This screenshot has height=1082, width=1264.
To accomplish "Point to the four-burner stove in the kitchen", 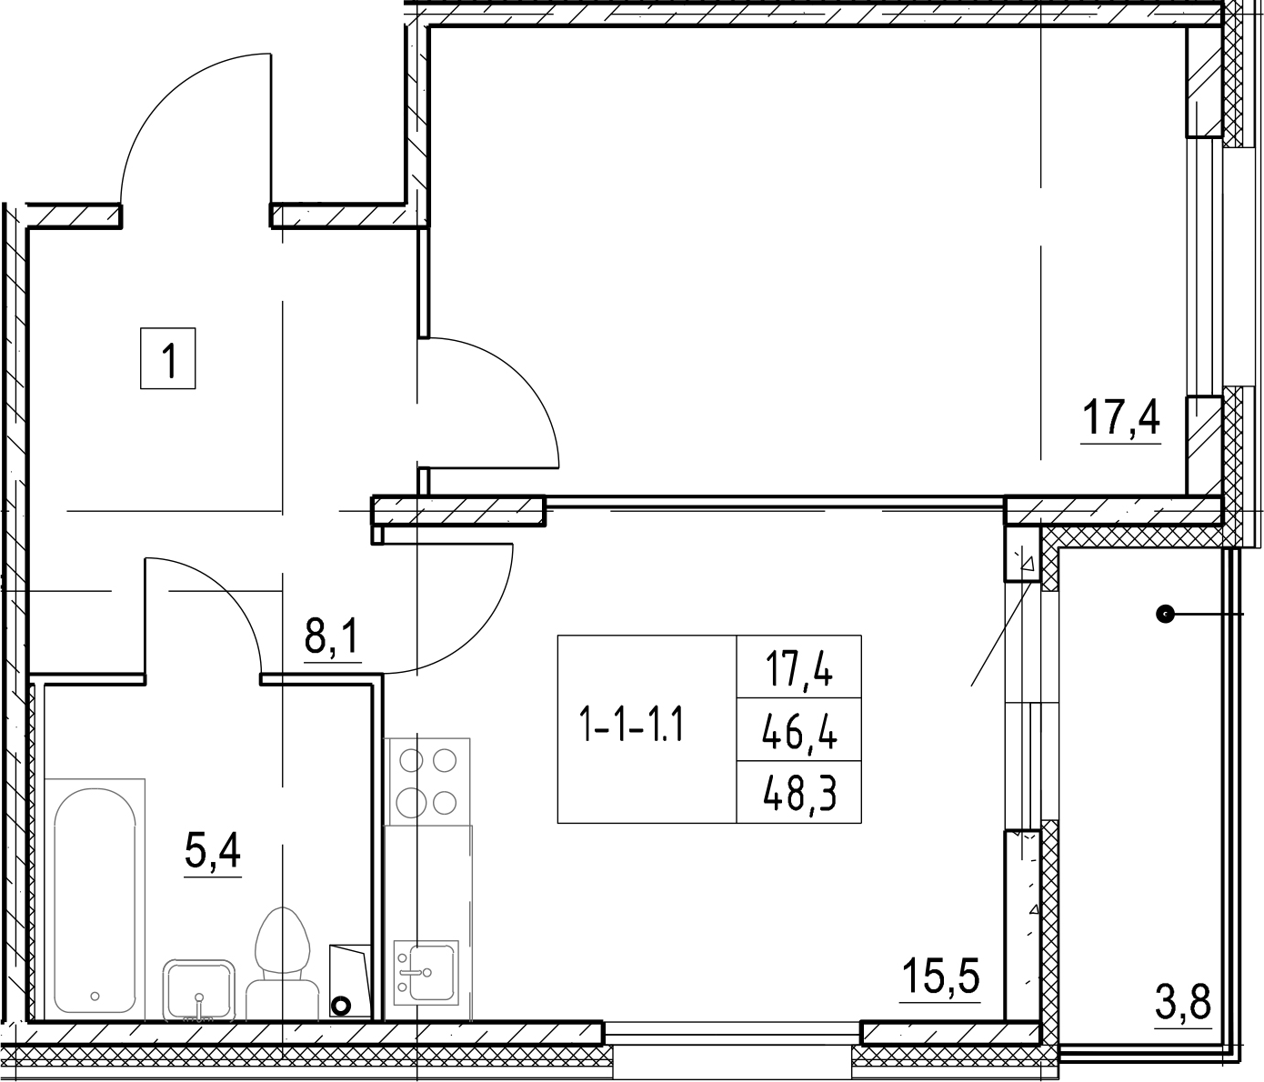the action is tap(427, 781).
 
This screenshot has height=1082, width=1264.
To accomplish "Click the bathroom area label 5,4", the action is tap(213, 852).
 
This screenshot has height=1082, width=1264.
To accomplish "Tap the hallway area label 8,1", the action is tap(332, 636).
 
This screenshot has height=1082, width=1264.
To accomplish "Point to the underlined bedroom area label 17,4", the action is tap(1121, 418).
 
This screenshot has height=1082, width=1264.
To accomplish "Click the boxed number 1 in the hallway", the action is tap(168, 358).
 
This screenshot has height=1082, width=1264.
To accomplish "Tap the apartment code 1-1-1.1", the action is tap(632, 723).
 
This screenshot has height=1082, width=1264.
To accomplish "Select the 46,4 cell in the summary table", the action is tap(799, 730).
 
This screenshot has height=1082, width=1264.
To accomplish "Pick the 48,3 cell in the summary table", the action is tap(799, 794).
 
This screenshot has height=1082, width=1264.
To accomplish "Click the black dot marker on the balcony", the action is tap(1165, 613).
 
